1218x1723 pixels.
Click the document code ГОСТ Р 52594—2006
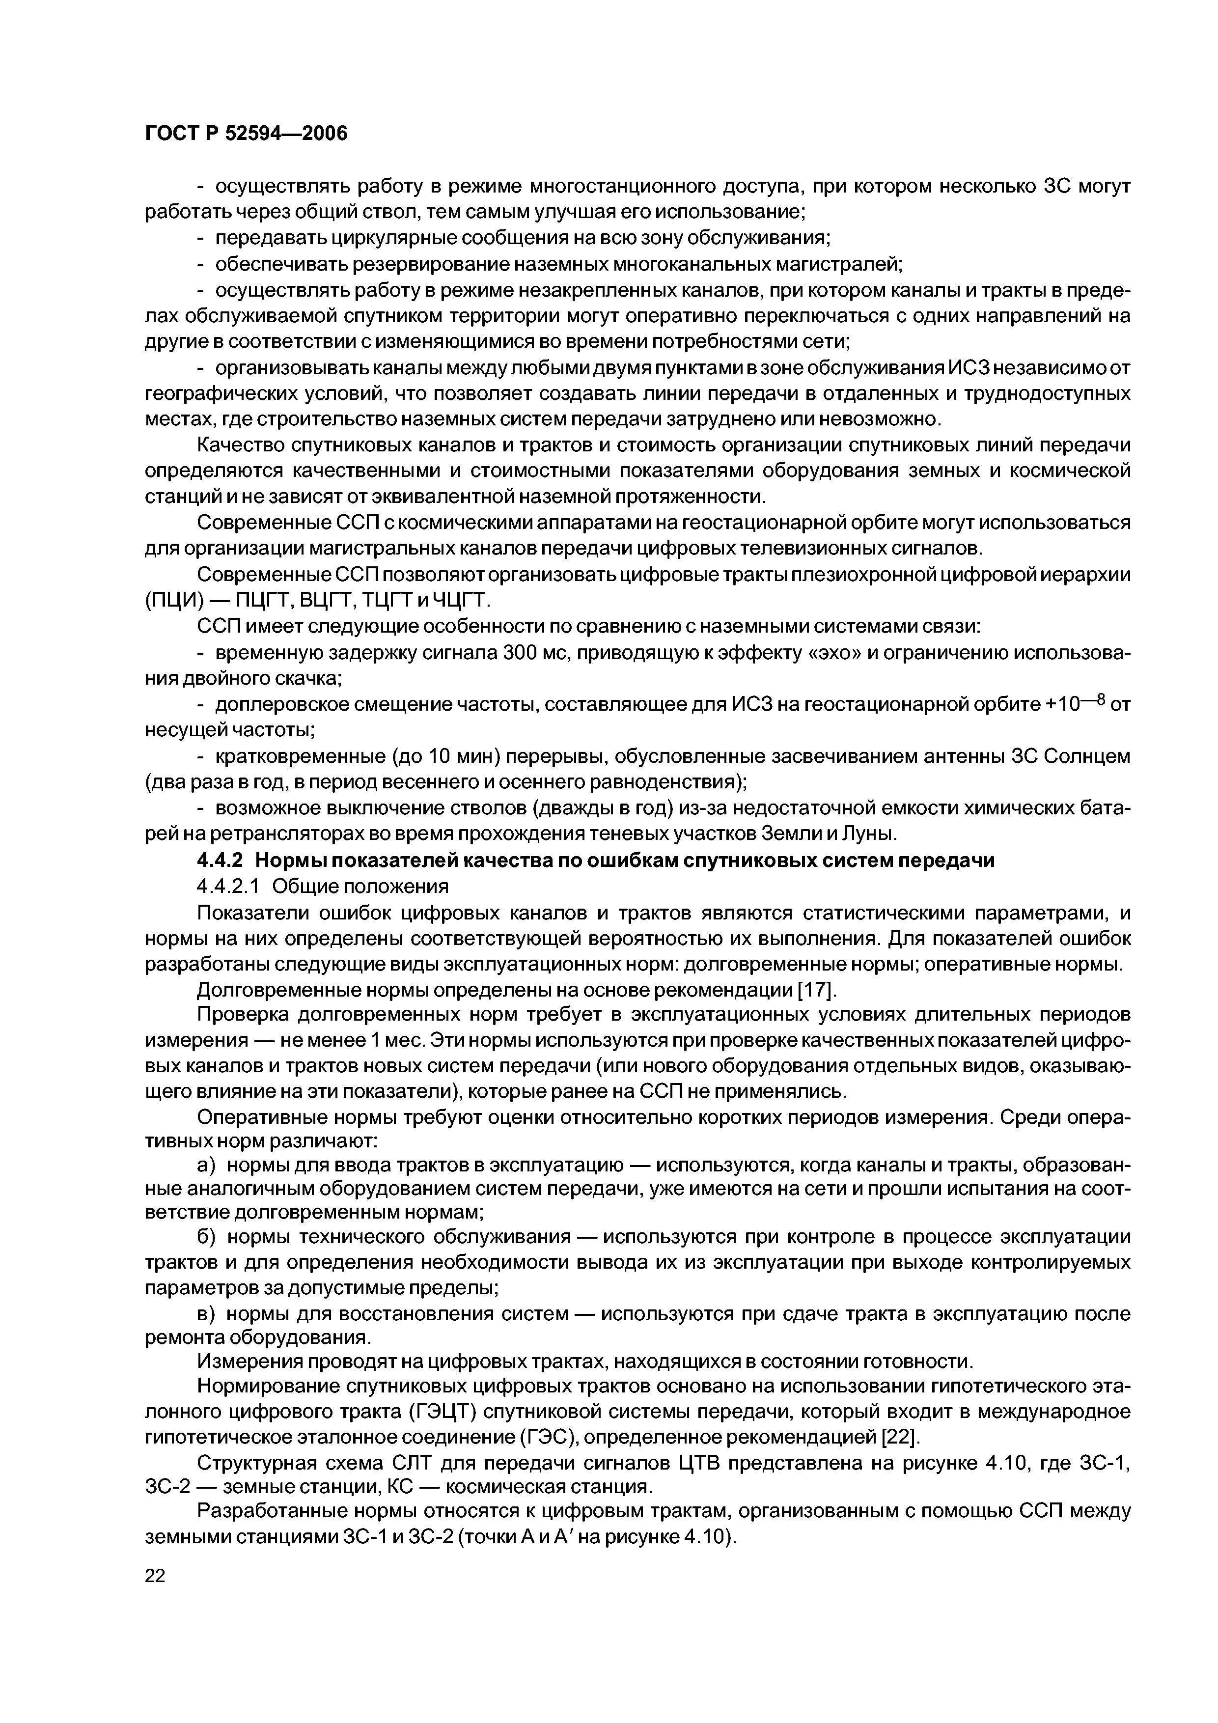(x=246, y=134)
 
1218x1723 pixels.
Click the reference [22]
(x=898, y=1437)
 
